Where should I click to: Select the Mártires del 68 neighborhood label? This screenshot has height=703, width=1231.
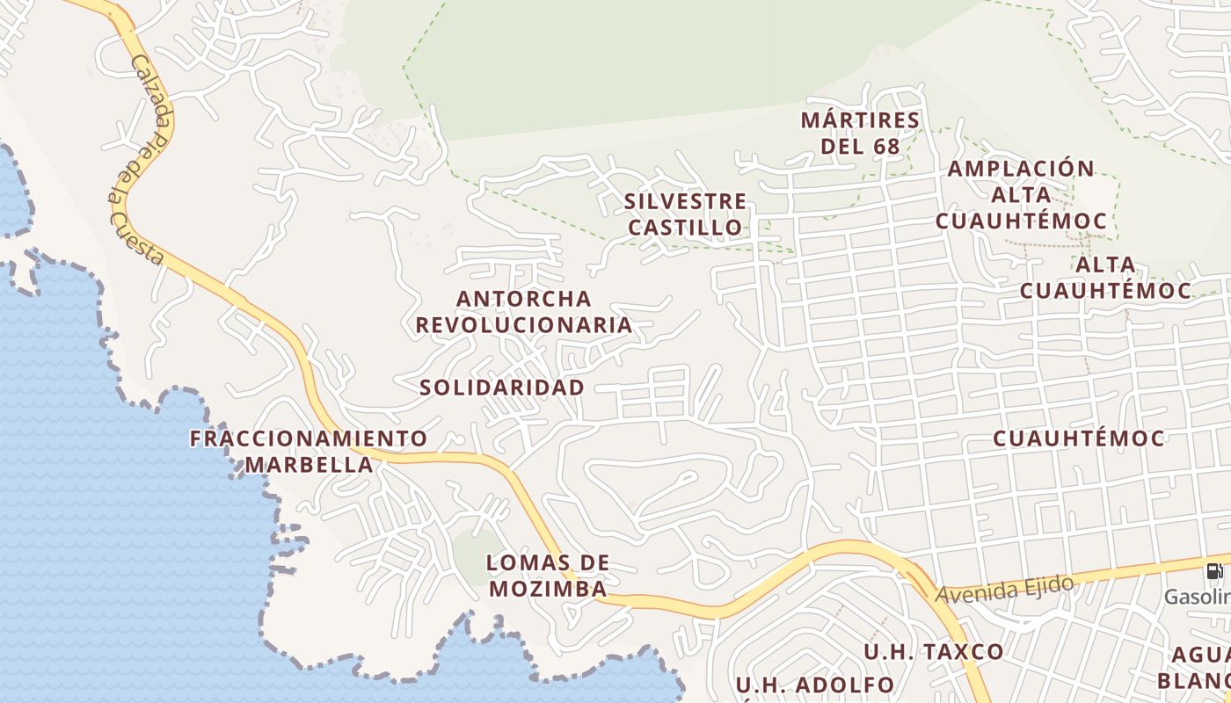[x=861, y=133]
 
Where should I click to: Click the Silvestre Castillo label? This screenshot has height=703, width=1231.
[x=685, y=214]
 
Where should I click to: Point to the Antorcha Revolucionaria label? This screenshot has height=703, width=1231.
[x=524, y=311]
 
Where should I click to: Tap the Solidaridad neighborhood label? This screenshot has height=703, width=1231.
[x=501, y=388]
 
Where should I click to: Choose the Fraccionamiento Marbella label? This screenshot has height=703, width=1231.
[x=309, y=451]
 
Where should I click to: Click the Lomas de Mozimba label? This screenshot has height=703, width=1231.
[x=549, y=576]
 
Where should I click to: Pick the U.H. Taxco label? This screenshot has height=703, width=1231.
[x=933, y=652]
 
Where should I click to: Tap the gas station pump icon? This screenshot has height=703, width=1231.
[x=1214, y=571]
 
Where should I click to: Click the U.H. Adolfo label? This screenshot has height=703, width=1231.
[x=814, y=685]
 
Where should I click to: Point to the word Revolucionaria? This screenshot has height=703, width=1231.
[x=524, y=324]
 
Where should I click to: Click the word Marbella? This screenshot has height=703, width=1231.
[x=309, y=464]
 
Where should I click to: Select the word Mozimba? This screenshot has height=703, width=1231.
[x=549, y=589]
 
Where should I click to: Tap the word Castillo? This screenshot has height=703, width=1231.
[x=685, y=228]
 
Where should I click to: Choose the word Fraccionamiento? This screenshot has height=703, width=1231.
[x=309, y=438]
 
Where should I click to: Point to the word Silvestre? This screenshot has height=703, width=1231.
[x=685, y=201]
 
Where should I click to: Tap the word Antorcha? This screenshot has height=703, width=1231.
[x=524, y=299]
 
